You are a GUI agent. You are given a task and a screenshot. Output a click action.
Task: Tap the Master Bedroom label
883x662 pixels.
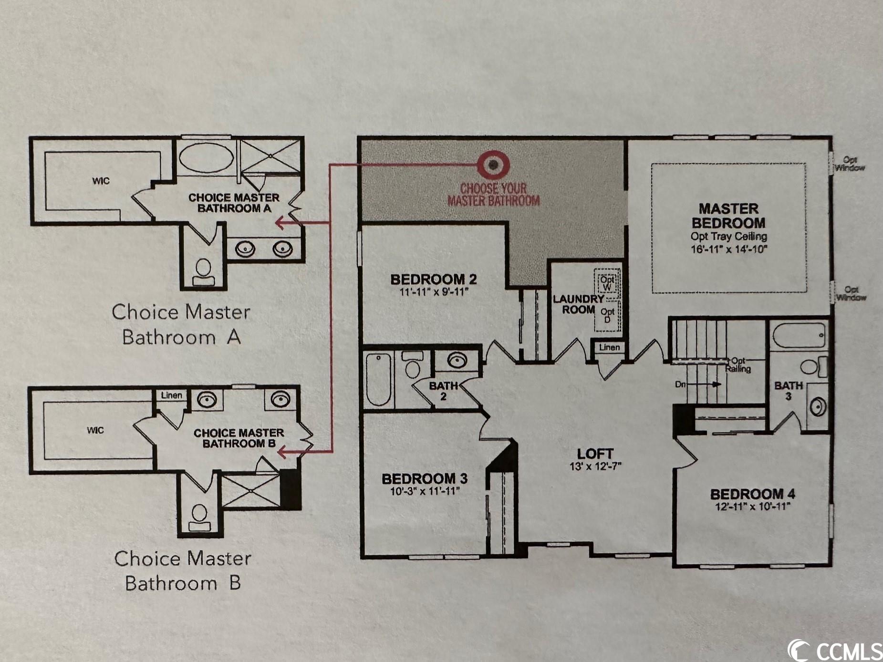pos(728,216)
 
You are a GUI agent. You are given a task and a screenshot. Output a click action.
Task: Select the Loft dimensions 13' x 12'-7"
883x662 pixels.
pos(595,466)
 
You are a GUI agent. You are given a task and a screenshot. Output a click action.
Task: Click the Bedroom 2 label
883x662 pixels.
pos(433,279)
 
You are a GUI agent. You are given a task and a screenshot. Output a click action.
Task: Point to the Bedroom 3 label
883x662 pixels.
pos(425,478)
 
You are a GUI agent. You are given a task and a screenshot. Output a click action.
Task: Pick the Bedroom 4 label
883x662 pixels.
pos(753,494)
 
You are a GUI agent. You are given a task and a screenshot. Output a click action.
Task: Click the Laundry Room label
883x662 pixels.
pos(578,304)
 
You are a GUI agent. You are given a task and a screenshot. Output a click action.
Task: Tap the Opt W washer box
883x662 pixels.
pos(607,283)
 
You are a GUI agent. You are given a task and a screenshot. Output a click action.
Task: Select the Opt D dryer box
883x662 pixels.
pos(607,316)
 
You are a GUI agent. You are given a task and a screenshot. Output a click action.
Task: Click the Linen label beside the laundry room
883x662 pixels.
pos(609,347)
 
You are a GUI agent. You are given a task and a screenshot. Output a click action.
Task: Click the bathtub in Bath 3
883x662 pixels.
pos(799,336)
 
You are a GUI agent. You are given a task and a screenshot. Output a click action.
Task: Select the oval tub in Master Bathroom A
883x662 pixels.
pos(206,156)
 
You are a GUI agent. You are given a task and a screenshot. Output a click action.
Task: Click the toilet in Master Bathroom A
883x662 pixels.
pos(203,270)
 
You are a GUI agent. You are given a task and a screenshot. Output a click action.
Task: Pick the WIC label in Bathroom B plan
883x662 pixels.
pos(95,430)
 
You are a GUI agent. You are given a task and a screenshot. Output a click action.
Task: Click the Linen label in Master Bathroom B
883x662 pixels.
pos(171,395)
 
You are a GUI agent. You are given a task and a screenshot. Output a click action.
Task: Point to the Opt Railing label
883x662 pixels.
pos(738,365)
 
